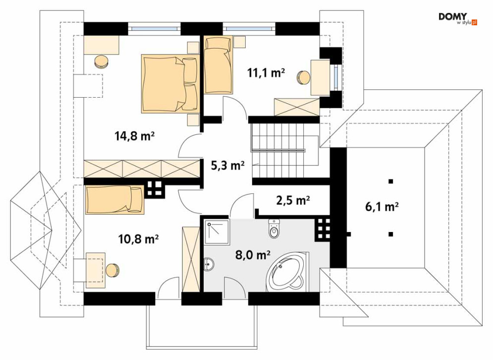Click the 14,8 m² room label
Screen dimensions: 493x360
pyautogui.click(x=134, y=136)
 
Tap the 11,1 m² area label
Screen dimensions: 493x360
pyautogui.click(x=266, y=73)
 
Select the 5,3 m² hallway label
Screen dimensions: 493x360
pyautogui.click(x=227, y=166)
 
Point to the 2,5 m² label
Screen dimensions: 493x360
pyautogui.click(x=293, y=200)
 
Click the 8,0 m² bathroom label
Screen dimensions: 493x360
pyautogui.click(x=253, y=254)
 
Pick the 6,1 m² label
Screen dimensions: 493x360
pyautogui.click(x=382, y=207)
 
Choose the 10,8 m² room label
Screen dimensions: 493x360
pyautogui.click(x=138, y=239)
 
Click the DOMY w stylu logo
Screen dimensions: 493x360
pyautogui.click(x=458, y=19)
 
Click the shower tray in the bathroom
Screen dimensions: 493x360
pyautogui.click(x=217, y=232)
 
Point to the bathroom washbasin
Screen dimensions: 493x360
pyautogui.click(x=209, y=264)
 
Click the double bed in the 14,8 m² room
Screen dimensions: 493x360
pyautogui.click(x=170, y=83)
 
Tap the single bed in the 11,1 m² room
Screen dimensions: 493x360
pyautogui.click(x=219, y=65)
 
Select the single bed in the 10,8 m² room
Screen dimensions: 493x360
pyautogui.click(x=115, y=199)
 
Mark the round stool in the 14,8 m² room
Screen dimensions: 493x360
pyautogui.click(x=102, y=61)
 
